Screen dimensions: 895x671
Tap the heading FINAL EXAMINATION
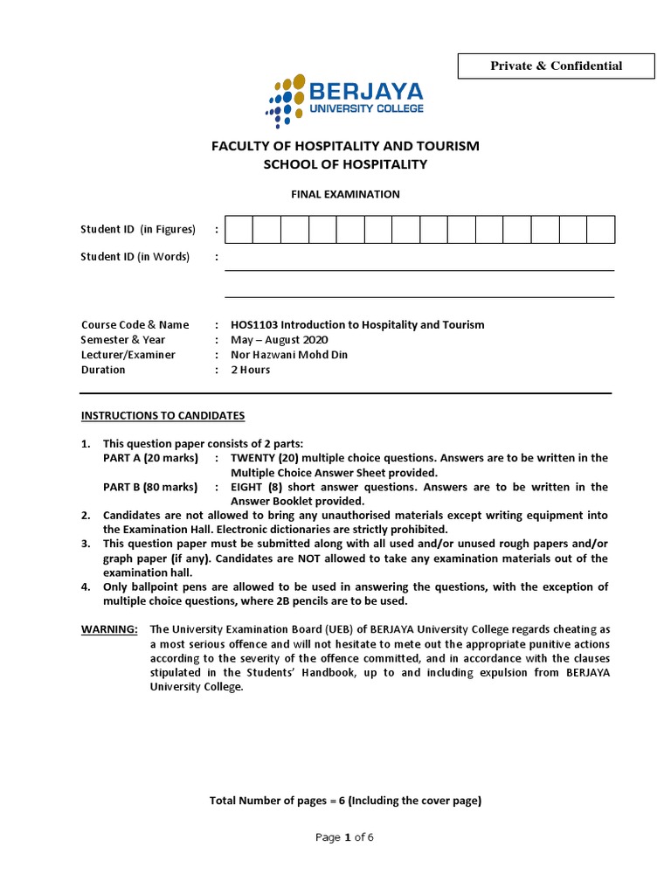(x=345, y=194)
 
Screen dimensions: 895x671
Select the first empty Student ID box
(x=239, y=230)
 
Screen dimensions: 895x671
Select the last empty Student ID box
(x=600, y=230)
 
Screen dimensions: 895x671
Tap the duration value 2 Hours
(x=250, y=370)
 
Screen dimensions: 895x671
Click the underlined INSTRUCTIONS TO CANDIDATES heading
(x=163, y=416)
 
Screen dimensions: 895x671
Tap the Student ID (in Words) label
(x=135, y=257)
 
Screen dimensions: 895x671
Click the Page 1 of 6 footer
(x=344, y=837)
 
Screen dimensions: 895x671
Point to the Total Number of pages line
(x=345, y=801)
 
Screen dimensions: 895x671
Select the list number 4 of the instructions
(x=86, y=587)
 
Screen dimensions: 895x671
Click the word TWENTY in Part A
(x=253, y=458)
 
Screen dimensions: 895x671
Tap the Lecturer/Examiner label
(x=128, y=355)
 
